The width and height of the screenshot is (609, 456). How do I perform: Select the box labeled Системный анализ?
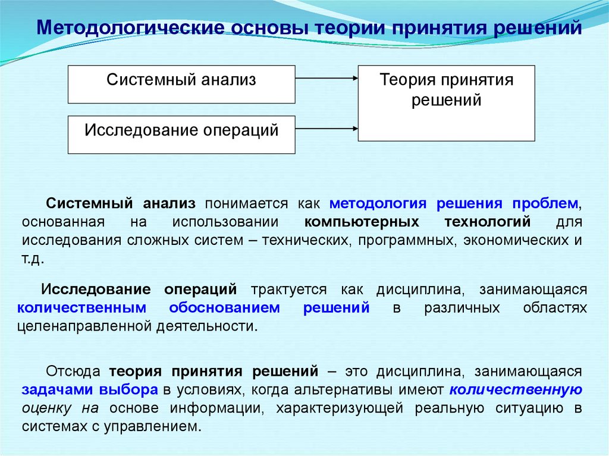(181, 84)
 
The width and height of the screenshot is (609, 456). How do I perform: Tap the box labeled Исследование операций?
(181, 134)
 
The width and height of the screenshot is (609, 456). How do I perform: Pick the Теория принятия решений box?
(446, 103)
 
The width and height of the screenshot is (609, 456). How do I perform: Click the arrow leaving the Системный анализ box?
(326, 78)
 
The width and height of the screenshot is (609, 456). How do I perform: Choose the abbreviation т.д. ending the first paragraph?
(33, 260)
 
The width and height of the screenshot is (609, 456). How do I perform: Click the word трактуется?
(288, 289)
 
